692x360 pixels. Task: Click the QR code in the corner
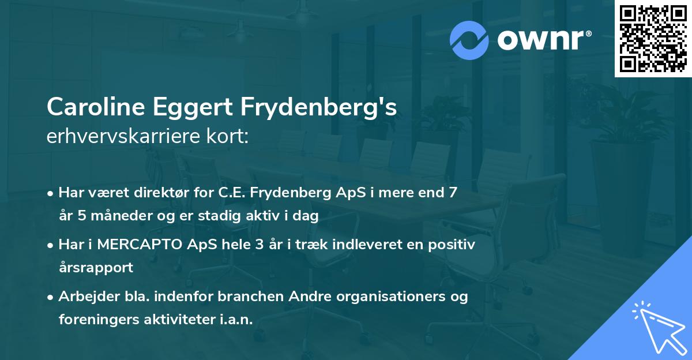click(653, 38)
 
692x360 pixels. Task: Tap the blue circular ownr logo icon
click(470, 40)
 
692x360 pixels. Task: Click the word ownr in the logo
click(541, 40)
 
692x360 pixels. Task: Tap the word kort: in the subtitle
click(229, 137)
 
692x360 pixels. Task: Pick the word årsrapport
click(96, 267)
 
